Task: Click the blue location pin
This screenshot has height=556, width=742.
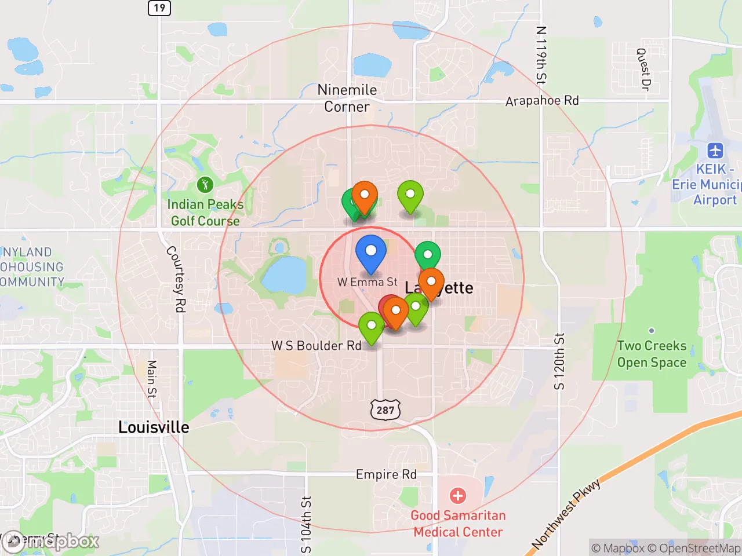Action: [370, 253]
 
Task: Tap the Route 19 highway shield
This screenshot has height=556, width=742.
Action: [159, 8]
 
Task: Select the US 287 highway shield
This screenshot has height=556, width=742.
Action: [385, 410]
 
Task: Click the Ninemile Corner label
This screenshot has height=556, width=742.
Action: [347, 98]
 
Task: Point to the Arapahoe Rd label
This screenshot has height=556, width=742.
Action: [541, 101]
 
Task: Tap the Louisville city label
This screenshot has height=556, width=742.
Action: [154, 427]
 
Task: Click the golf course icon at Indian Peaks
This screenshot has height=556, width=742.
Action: [205, 185]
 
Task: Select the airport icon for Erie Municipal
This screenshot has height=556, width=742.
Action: [715, 151]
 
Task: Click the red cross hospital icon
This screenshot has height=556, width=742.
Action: [458, 496]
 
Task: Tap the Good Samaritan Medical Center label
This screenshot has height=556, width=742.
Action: [458, 524]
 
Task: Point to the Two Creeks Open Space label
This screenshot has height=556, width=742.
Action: [652, 354]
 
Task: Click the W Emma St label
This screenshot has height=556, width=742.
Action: [368, 282]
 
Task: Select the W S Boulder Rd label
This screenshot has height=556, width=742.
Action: [317, 346]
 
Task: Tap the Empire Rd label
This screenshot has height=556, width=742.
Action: [386, 474]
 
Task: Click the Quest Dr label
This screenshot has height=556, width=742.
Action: [642, 69]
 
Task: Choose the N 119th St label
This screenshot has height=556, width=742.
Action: [540, 56]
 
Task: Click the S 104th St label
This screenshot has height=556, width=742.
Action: [306, 525]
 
